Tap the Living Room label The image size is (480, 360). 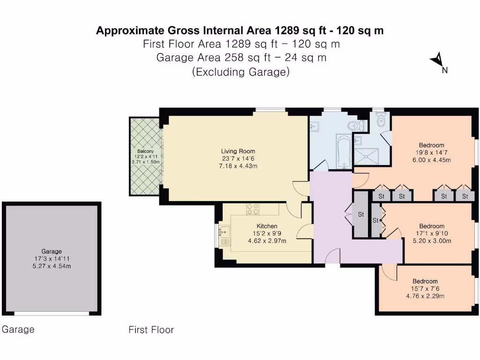point(238,151)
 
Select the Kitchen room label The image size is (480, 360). point(267,226)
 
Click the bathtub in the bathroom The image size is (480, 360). point(344,151)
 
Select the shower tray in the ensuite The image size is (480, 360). point(366,157)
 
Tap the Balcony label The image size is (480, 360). point(145,151)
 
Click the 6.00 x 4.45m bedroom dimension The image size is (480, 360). point(431,160)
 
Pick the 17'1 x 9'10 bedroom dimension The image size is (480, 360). point(432,233)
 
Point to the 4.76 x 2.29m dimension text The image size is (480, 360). point(425,296)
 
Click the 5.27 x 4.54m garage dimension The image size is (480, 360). point(52,266)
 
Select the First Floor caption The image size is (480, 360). point(151,330)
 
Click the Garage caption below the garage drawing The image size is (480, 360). point(18,330)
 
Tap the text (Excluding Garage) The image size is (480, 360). point(241,72)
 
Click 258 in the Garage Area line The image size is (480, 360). point(234,58)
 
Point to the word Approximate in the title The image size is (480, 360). point(130,30)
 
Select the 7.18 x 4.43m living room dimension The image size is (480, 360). point(238,166)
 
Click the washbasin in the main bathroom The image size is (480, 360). point(314,126)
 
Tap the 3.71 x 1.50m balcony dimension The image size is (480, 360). point(146,162)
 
